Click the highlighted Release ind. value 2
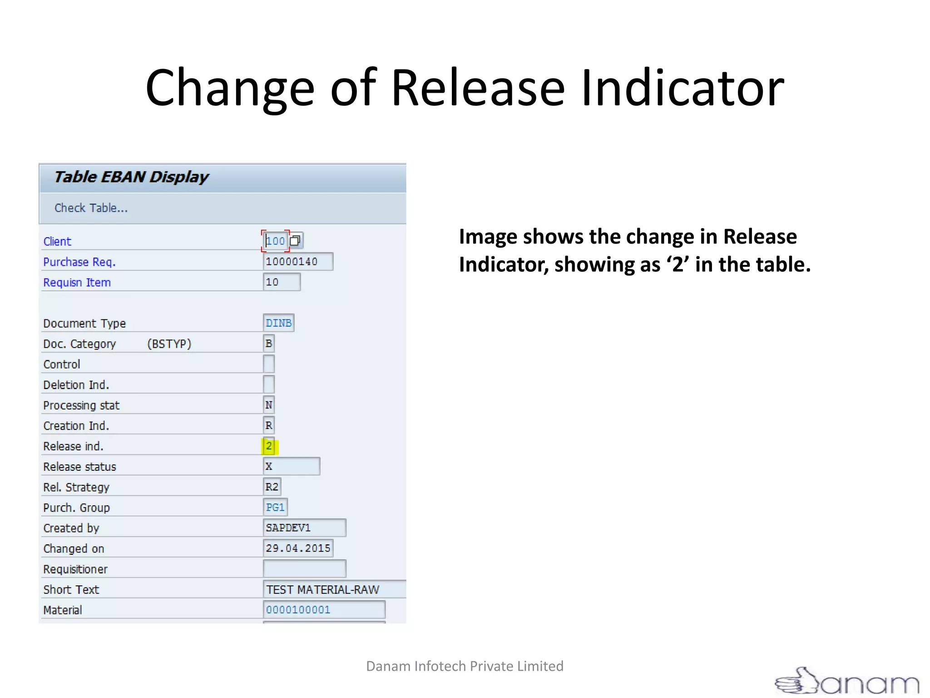[269, 446]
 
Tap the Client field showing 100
[276, 241]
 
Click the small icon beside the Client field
[295, 240]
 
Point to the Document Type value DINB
[278, 323]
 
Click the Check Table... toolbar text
[91, 208]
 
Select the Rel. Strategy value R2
[272, 487]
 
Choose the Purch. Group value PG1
[275, 508]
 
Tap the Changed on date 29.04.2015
[298, 548]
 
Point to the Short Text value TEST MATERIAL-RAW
[323, 589]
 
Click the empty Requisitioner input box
[304, 569]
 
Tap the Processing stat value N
[269, 405]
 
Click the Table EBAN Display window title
[131, 177]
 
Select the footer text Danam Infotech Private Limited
[465, 666]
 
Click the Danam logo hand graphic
[797, 681]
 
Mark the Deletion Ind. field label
[76, 385]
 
